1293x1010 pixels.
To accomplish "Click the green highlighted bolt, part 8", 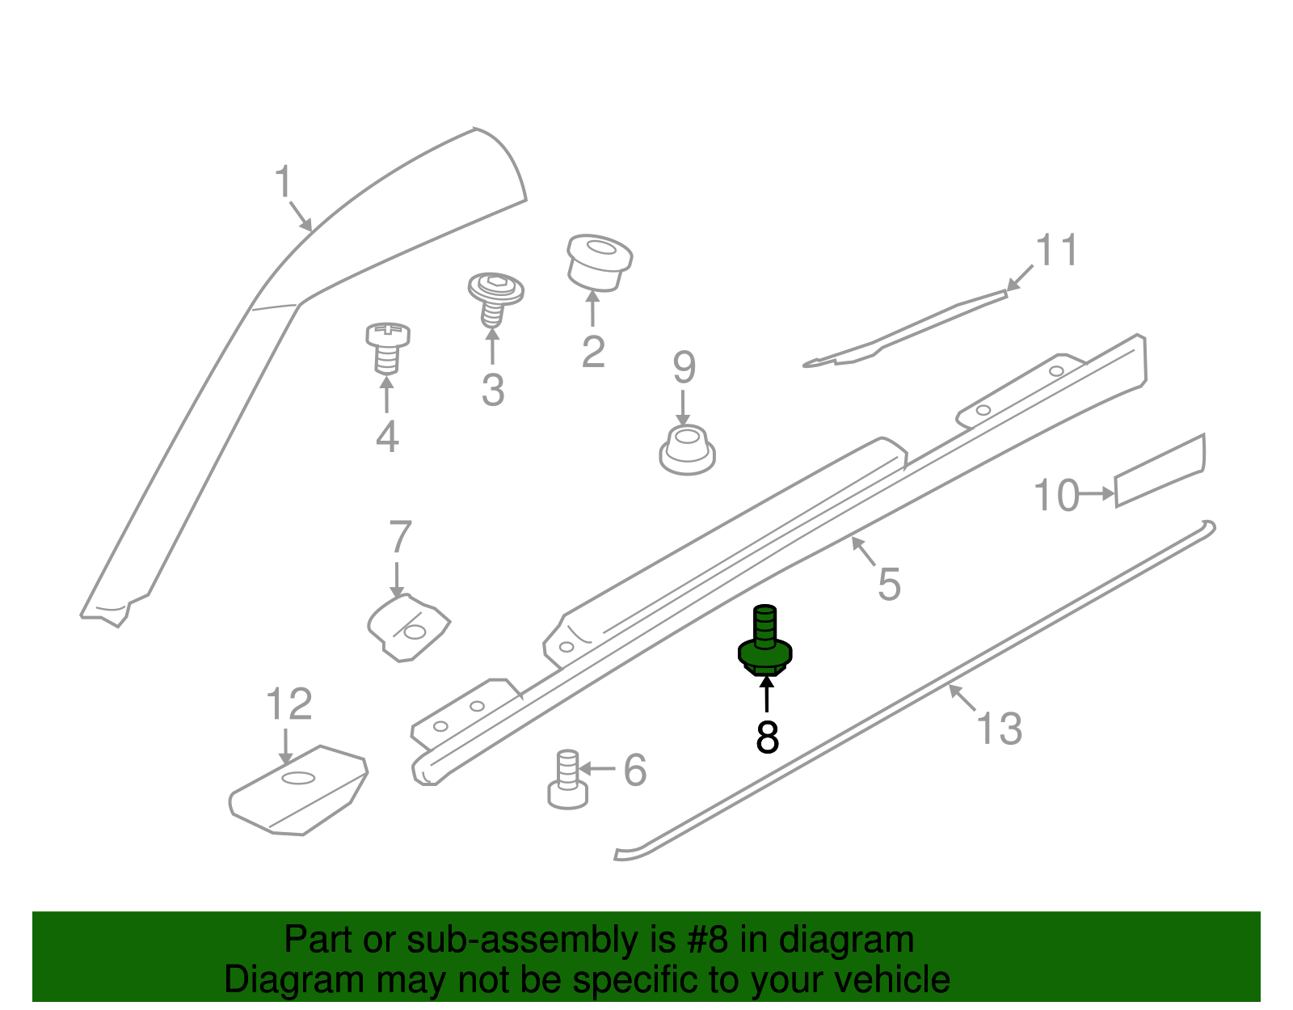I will (x=764, y=642).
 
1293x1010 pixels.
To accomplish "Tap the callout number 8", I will (x=767, y=737).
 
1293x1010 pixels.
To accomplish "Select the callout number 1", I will (x=283, y=182).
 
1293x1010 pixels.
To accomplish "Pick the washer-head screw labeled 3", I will (x=495, y=295).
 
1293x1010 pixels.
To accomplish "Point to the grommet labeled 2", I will (x=598, y=260).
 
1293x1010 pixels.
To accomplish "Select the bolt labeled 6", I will (x=567, y=780).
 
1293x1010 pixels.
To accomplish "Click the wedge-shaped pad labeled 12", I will (x=299, y=790).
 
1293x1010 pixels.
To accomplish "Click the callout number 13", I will (x=1000, y=728).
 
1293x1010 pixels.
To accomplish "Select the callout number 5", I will (x=889, y=584).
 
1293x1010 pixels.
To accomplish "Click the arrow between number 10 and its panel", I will (x=1097, y=493).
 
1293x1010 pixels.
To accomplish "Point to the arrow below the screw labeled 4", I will (x=387, y=396).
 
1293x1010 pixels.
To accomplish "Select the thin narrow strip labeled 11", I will (x=905, y=328).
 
